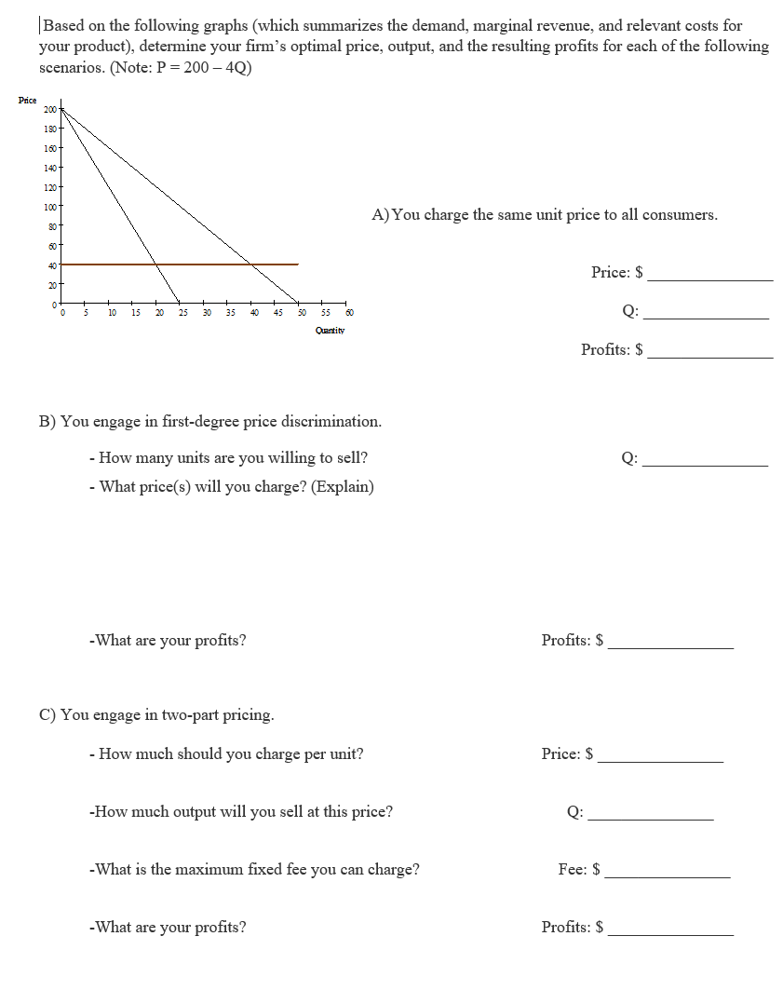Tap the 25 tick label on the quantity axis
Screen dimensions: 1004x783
182,313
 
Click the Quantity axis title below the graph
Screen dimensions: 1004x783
330,330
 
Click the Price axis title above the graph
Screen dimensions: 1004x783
27,100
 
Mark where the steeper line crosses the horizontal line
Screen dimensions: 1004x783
155,265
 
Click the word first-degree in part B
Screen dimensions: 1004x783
198,421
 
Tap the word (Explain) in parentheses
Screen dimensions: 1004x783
343,486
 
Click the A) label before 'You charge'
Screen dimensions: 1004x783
381,215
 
